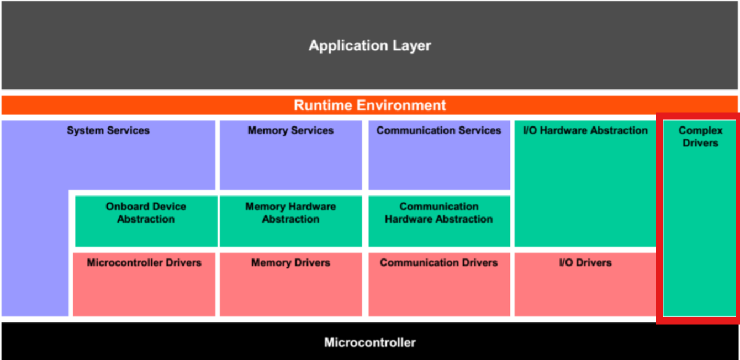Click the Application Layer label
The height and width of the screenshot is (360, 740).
tap(369, 45)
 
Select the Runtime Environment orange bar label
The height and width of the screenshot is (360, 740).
tap(369, 105)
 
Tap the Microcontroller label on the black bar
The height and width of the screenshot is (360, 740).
tap(369, 342)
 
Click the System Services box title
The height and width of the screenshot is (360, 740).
tap(108, 131)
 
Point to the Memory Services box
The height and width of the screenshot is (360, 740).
tap(290, 155)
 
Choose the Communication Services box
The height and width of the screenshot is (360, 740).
tap(439, 155)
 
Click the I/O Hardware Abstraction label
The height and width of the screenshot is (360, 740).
tap(585, 131)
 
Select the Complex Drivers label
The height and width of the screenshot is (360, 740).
tap(700, 137)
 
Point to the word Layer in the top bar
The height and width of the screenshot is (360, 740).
tap(412, 45)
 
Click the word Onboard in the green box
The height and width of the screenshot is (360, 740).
tap(126, 207)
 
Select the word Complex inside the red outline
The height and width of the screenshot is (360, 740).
tap(700, 131)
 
